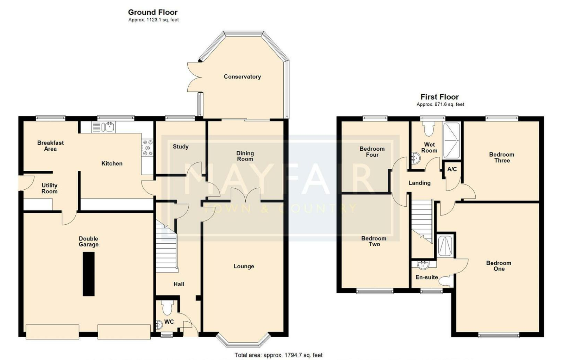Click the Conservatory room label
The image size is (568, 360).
(x=242, y=77)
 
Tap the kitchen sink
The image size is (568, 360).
(x=104, y=127)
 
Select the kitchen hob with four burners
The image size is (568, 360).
(x=147, y=148)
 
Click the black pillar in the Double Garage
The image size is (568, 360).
(x=88, y=274)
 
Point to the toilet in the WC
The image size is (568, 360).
(x=167, y=308)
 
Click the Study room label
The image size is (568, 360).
(x=181, y=146)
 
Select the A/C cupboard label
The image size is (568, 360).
(x=452, y=169)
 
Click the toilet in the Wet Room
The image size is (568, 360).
(x=428, y=129)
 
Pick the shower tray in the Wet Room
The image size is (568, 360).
(x=452, y=140)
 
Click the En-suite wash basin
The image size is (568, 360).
(x=423, y=265)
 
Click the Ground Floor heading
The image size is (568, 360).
(x=153, y=12)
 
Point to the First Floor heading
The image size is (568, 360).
(x=440, y=97)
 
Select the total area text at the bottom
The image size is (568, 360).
(x=278, y=355)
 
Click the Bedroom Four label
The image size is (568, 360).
(x=372, y=152)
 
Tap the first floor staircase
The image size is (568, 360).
(x=423, y=222)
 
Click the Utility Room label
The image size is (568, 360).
(x=49, y=188)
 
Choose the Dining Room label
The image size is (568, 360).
(x=245, y=156)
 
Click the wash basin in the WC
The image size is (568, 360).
(x=159, y=324)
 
